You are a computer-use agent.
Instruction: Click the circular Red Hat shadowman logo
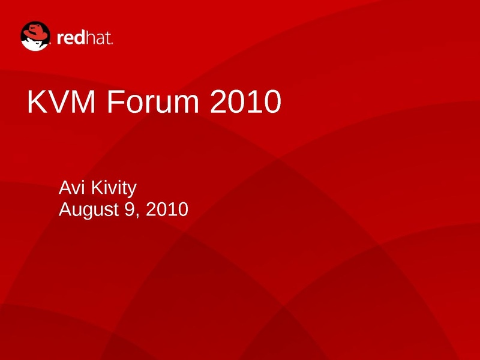[35, 36]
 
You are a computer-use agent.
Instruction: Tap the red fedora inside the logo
[36, 32]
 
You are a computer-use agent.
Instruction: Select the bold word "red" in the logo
[71, 38]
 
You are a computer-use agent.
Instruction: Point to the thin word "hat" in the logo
[98, 38]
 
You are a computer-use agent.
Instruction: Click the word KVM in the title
[61, 101]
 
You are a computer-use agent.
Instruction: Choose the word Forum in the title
[153, 101]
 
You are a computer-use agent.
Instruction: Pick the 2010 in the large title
[245, 101]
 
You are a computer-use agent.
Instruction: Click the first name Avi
[71, 187]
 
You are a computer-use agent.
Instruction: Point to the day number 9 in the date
[130, 209]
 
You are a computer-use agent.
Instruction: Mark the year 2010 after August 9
[167, 209]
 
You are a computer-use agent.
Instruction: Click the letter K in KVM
[38, 101]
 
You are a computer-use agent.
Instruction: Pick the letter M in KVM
[83, 101]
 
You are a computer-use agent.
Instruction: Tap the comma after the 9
[137, 215]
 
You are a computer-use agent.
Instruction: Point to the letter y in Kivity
[133, 191]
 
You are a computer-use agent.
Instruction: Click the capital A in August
[65, 209]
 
